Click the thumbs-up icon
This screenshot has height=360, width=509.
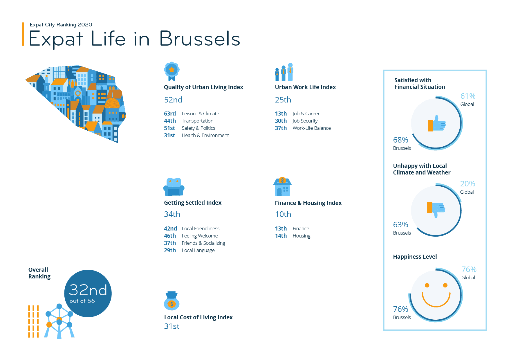tap(437, 124)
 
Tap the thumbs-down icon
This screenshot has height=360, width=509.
tap(436, 209)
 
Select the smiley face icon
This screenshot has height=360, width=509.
tap(436, 295)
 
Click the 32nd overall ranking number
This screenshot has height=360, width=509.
tap(88, 290)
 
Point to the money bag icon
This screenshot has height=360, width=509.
tap(172, 301)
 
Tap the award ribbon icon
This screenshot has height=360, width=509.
tap(172, 71)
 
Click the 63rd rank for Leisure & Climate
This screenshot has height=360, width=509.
tap(170, 114)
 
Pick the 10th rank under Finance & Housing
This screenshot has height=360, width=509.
tap(283, 214)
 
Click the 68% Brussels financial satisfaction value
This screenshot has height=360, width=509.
tap(400, 140)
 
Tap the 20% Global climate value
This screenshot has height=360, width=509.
tap(468, 184)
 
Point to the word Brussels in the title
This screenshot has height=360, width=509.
tap(200, 39)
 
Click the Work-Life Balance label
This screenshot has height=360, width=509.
tap(312, 128)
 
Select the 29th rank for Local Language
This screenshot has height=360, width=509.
tap(170, 250)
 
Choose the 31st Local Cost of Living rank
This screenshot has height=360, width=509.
tap(172, 326)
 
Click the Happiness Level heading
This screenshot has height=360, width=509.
tap(415, 257)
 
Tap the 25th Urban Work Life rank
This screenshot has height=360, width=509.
tap(283, 100)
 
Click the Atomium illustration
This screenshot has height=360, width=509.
tap(59, 321)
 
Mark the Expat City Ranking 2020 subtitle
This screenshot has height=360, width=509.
tap(61, 25)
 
